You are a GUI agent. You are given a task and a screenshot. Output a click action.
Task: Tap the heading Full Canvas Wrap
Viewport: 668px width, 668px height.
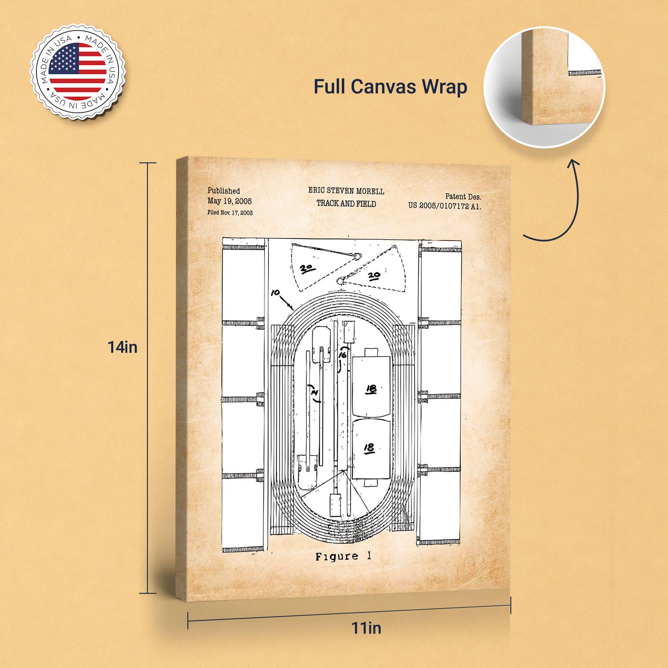[390, 87]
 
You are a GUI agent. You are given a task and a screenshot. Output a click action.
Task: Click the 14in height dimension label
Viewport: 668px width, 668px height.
[122, 347]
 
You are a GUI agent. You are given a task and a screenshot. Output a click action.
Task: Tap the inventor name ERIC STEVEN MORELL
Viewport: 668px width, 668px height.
[346, 191]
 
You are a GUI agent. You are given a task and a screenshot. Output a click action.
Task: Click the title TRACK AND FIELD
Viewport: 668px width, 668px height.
[346, 204]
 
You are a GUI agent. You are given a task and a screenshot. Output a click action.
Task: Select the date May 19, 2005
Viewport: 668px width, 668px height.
[230, 201]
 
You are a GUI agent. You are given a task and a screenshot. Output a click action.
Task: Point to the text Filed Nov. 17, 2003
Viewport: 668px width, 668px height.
[230, 213]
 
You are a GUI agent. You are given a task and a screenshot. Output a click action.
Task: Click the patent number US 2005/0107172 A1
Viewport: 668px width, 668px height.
[445, 206]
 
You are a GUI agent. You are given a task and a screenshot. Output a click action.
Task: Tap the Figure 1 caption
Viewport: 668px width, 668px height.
[343, 556]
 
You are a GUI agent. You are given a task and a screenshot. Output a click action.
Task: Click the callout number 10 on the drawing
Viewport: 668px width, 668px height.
[276, 293]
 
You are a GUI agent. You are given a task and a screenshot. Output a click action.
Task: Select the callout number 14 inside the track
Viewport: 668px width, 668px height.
[314, 392]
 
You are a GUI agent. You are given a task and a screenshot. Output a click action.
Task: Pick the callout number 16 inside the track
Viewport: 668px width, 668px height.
[343, 355]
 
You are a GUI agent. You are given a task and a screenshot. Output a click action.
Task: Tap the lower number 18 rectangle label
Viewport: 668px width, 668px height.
[369, 448]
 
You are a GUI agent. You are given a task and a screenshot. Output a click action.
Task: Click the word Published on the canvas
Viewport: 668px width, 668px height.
[224, 191]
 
